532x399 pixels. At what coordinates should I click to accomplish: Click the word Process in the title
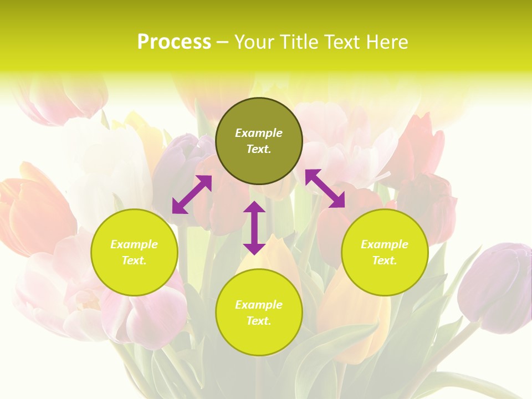(x=174, y=42)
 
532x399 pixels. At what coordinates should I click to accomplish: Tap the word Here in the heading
(x=386, y=42)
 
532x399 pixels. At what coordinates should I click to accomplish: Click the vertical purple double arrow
(x=254, y=228)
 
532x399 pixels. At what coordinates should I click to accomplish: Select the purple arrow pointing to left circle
(x=192, y=195)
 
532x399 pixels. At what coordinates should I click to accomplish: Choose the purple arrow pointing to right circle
(x=325, y=188)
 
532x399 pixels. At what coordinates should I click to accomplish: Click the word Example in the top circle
(x=259, y=133)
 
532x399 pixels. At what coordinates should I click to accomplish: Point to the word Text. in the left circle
(x=134, y=260)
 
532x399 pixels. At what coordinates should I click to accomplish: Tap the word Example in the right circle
(x=385, y=244)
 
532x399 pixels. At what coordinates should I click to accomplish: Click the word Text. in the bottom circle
(x=259, y=321)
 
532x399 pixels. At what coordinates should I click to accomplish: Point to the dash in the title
(x=223, y=43)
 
